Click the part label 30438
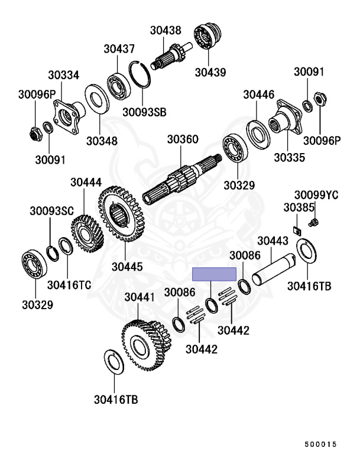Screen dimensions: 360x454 166,30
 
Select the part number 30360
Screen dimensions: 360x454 183,140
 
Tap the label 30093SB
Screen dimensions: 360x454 144,112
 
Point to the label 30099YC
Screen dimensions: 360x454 316,195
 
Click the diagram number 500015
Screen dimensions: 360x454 320,444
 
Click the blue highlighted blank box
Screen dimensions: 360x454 215,274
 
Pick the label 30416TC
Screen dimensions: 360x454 69,285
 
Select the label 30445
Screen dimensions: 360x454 127,267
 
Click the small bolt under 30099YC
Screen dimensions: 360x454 313,223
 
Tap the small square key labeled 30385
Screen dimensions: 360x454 297,231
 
